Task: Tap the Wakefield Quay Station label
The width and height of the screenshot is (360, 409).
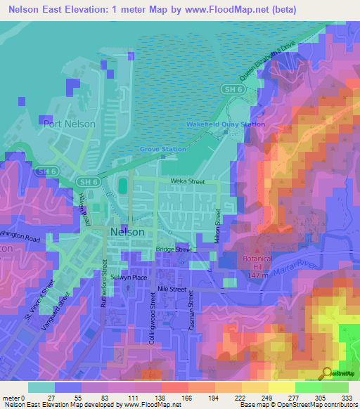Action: tap(225, 124)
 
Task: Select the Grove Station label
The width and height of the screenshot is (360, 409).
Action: tap(162, 149)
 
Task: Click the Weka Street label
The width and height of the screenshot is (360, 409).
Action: tap(187, 181)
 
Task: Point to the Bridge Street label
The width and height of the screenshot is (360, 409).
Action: tap(174, 249)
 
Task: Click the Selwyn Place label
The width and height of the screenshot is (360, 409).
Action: tap(131, 278)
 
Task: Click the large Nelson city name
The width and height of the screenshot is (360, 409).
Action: tap(127, 231)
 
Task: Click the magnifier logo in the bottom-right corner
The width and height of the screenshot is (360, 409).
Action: tap(328, 372)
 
